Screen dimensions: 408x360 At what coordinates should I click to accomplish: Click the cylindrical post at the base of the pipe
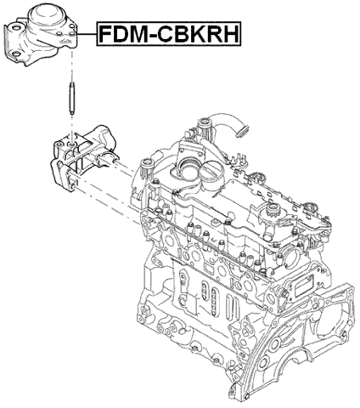tap(206, 134)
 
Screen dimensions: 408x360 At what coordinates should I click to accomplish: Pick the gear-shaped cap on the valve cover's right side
tap(275, 211)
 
